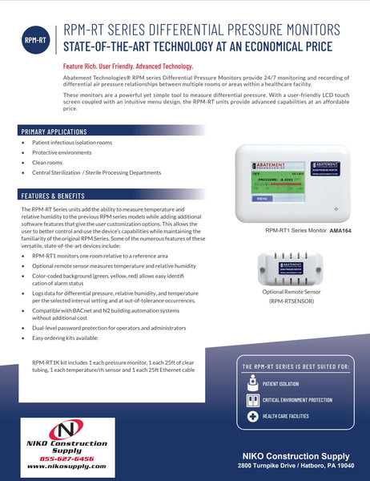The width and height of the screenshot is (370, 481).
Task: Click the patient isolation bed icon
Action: (253, 384)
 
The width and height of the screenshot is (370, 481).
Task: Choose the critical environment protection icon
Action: (253, 400)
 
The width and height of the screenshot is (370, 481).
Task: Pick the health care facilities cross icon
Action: (253, 417)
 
